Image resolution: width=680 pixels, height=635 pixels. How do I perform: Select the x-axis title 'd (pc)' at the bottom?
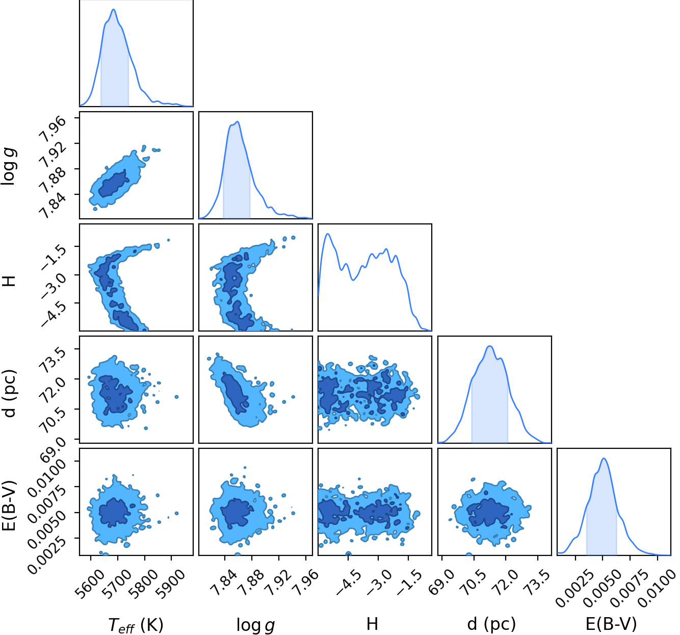[492, 624]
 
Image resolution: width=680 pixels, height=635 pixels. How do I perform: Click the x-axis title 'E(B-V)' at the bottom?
[611, 624]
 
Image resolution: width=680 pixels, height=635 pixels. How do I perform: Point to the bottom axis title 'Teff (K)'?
[136, 625]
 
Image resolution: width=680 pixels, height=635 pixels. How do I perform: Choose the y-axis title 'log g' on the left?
[8, 167]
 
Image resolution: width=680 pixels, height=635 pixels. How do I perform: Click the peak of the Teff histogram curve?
[113, 9]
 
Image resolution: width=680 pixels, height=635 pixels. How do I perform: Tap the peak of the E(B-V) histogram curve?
[604, 458]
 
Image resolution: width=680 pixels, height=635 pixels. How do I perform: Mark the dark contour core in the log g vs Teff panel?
[113, 184]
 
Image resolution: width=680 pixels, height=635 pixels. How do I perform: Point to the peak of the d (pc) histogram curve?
[490, 346]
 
